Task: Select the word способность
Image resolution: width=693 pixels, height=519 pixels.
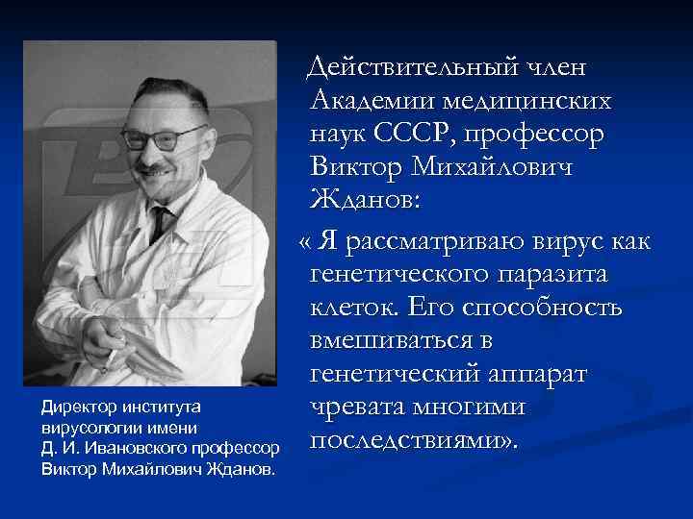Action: pyautogui.click(x=547, y=308)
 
